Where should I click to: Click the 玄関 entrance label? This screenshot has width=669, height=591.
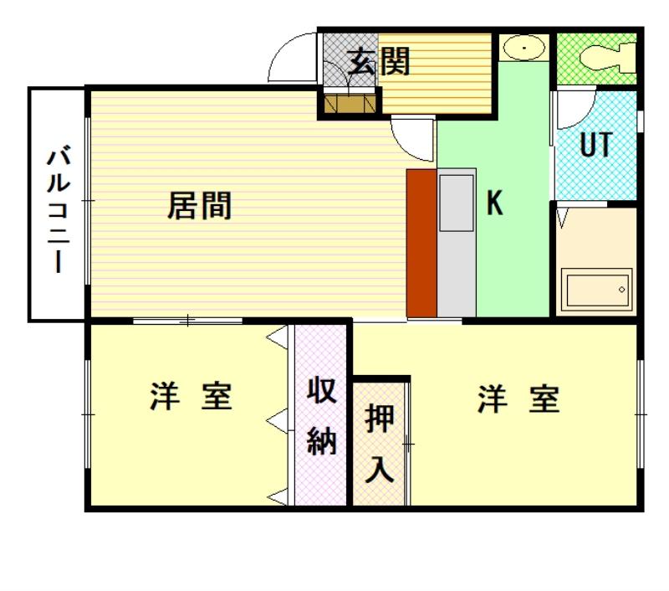378,61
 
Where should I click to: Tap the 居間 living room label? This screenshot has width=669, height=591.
199,206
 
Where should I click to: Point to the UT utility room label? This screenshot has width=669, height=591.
596,144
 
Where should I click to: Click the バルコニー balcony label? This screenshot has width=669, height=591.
58,209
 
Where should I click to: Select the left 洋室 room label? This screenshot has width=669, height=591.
192,397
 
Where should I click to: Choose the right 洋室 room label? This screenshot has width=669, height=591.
518,398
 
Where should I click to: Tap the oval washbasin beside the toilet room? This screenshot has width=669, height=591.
523,48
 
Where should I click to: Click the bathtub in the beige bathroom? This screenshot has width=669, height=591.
597,290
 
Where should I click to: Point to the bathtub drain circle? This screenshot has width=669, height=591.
621,290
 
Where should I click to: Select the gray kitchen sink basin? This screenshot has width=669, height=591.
457,203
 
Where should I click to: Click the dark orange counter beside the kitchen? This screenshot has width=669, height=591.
421,243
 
